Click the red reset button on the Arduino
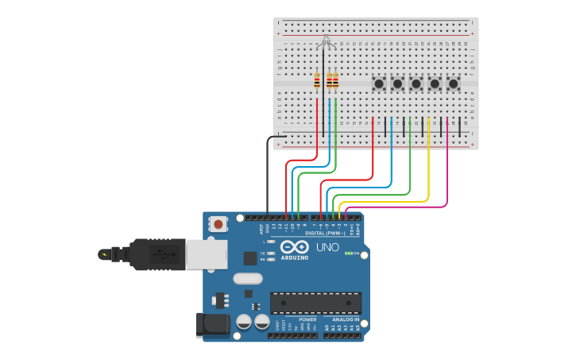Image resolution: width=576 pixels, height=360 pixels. [x=218, y=224]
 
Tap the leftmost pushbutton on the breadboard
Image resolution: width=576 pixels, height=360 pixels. [x=379, y=83]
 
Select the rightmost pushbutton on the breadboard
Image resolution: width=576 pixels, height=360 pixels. [x=453, y=83]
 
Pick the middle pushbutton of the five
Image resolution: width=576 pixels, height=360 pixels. [x=416, y=83]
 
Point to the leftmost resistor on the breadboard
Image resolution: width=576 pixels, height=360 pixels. [x=317, y=81]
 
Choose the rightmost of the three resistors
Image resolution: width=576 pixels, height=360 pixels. [x=335, y=81]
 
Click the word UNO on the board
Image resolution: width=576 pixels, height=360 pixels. [x=327, y=247]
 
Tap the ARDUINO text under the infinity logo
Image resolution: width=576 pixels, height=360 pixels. [x=294, y=257]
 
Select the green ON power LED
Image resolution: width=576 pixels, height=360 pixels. [x=346, y=253]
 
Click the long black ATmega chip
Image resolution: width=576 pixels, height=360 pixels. [x=315, y=303]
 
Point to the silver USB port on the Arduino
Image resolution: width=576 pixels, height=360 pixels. [x=205, y=254]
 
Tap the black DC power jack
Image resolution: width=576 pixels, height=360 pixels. [x=211, y=324]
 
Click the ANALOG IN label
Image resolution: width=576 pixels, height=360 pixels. [x=342, y=319]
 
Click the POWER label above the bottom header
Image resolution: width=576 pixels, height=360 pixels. [x=307, y=319]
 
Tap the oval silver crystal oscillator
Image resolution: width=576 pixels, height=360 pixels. [x=248, y=279]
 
